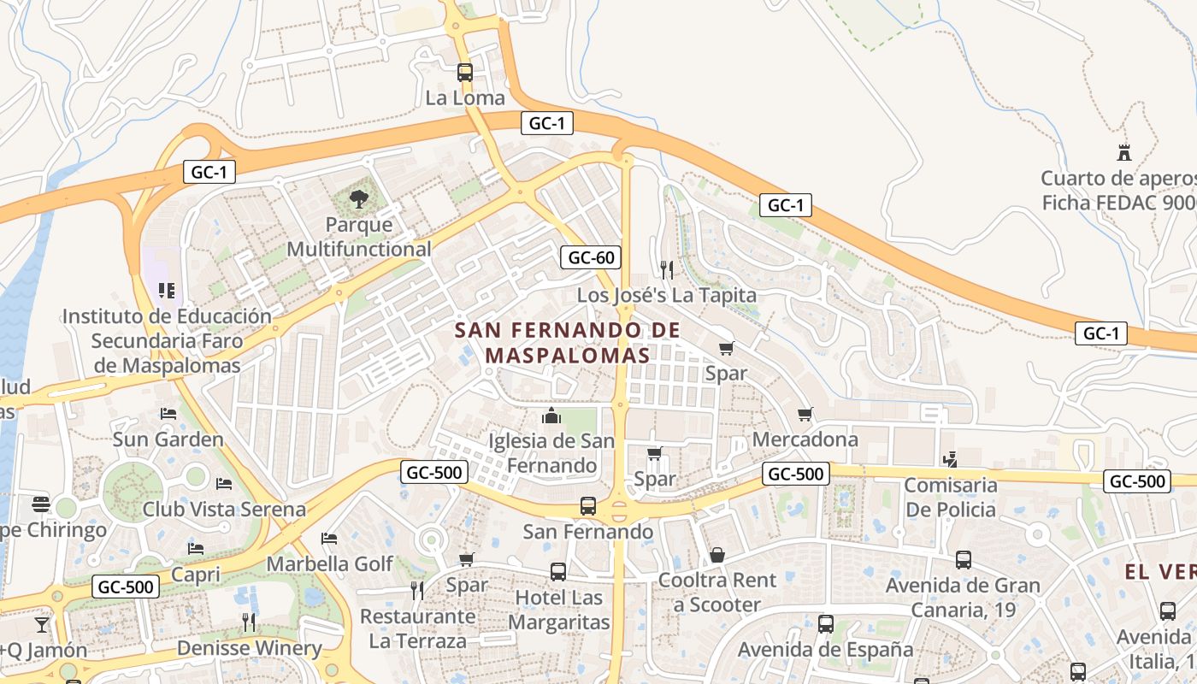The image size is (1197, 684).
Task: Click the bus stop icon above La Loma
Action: point(465,73)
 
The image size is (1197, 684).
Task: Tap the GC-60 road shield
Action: point(590,256)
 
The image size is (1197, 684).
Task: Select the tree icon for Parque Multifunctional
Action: point(359,200)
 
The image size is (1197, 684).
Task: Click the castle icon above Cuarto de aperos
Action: point(1124,153)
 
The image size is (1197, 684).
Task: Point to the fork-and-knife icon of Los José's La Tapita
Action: point(667,270)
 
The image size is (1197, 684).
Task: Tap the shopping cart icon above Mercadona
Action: point(805,415)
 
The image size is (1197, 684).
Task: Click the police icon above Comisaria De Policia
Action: point(950,460)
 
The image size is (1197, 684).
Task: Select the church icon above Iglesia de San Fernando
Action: point(551,416)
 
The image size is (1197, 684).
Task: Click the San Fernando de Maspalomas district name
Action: point(567,342)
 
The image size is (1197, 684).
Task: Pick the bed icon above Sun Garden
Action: point(168,414)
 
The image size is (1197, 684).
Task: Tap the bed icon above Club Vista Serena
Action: point(224,484)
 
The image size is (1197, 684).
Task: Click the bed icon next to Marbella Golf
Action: point(329,539)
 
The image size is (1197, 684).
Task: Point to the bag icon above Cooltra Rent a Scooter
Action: point(717,555)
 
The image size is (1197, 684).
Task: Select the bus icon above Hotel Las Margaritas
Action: point(558,572)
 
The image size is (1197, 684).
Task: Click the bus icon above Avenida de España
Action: point(826,624)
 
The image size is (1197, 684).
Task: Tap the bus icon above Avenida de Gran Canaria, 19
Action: point(964,560)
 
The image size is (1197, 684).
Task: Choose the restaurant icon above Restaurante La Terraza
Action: point(417,590)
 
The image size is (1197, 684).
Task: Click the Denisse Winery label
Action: point(249,648)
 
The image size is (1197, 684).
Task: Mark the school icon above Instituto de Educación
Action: point(167,291)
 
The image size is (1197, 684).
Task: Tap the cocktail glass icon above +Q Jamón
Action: point(42,624)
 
